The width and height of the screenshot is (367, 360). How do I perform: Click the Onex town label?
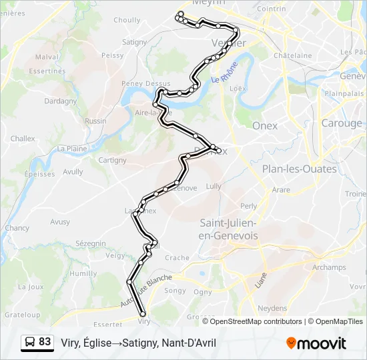click(x=265, y=125)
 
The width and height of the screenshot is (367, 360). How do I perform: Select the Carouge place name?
click(x=341, y=123)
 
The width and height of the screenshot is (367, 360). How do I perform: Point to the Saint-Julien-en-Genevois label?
click(x=228, y=229)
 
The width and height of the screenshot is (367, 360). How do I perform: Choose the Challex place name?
click(x=22, y=139)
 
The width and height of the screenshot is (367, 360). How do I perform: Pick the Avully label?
click(x=73, y=171)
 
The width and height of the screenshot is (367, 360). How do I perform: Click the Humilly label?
click(x=83, y=273)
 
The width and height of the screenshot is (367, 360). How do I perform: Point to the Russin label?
click(x=95, y=121)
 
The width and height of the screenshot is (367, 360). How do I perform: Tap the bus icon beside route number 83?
click(x=30, y=343)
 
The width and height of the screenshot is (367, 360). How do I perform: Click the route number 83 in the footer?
click(x=45, y=342)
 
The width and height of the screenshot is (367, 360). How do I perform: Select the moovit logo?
click(x=316, y=343)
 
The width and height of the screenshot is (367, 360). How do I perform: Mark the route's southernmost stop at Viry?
click(x=142, y=314)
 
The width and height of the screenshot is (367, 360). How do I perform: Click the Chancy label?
click(x=17, y=228)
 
